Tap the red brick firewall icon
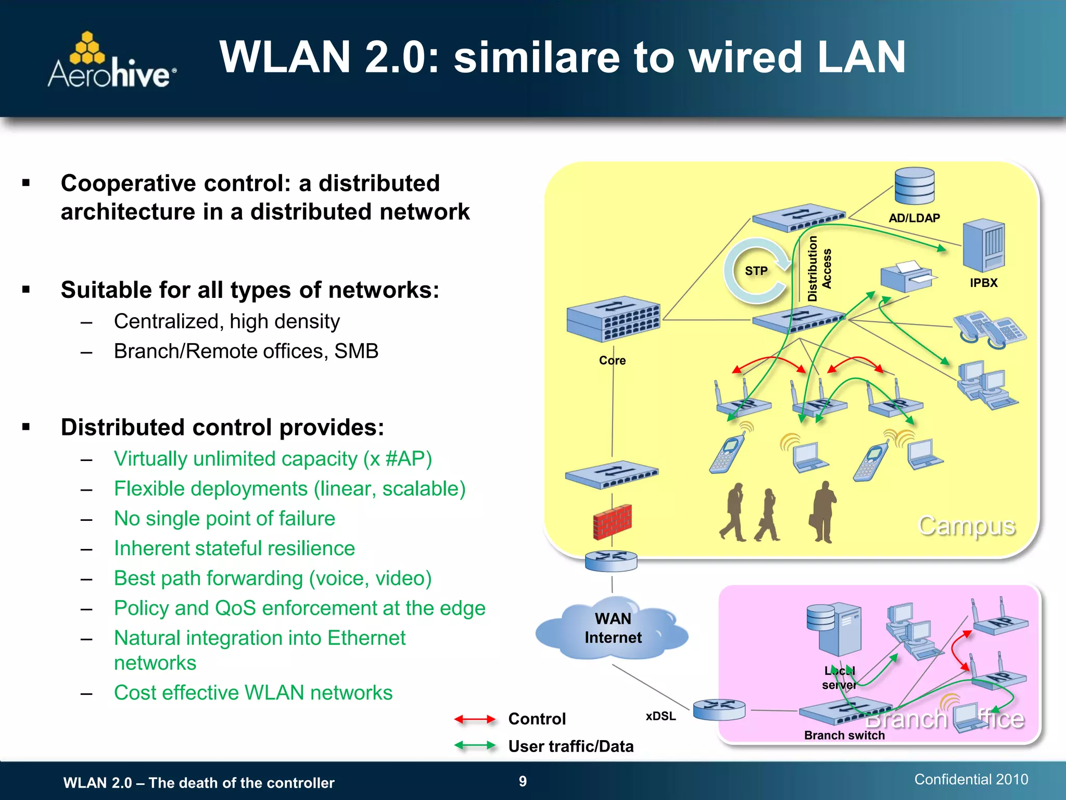point(612,521)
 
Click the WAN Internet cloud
point(613,629)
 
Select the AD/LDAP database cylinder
point(914,187)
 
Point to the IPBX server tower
point(983,245)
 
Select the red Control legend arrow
point(474,719)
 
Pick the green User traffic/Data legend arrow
point(474,746)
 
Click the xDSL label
point(661,716)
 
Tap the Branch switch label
point(844,735)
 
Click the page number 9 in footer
point(523,781)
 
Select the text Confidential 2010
point(971,779)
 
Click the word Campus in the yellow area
point(966,526)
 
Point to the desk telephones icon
point(989,329)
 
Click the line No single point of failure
point(224,519)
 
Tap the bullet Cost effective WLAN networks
point(253,693)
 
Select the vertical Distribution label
point(812,269)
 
